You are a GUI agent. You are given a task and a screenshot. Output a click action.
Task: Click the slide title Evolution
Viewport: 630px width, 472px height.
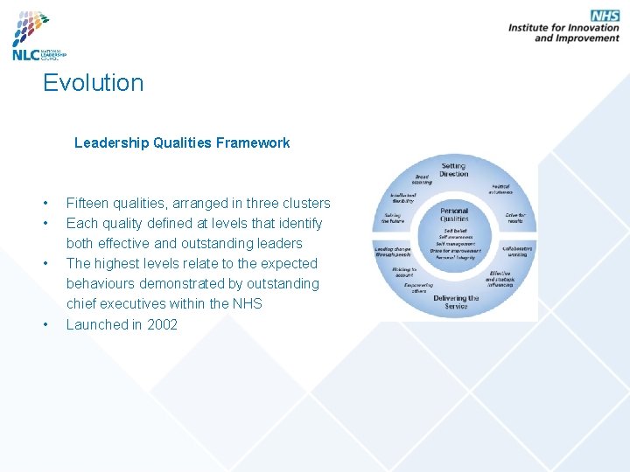click(x=93, y=83)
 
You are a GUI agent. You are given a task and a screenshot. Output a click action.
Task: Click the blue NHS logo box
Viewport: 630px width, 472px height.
click(x=604, y=17)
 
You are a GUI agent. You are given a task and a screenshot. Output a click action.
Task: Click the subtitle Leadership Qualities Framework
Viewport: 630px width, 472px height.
click(x=182, y=142)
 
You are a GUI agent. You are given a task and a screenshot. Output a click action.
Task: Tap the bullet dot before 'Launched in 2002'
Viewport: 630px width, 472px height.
click(x=45, y=325)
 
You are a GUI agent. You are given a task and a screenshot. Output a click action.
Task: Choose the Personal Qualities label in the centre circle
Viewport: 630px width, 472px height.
click(x=454, y=214)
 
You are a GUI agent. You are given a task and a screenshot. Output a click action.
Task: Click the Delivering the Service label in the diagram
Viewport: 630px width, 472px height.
click(x=455, y=302)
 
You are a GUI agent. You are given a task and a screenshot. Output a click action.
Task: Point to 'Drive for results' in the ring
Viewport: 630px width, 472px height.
click(x=514, y=219)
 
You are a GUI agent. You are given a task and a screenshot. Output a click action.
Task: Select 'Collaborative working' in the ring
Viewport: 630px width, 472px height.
click(x=517, y=250)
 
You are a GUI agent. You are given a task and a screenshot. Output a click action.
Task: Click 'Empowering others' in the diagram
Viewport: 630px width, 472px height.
click(x=418, y=288)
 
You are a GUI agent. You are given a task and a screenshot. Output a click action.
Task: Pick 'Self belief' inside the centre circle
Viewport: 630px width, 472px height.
click(x=453, y=231)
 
